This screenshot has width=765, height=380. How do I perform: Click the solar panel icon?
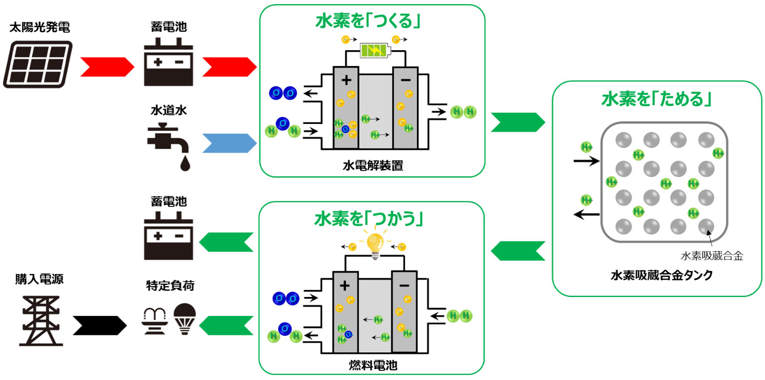point(37,64)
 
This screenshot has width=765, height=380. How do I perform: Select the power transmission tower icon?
point(41,321)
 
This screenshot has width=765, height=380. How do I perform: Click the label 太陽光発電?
point(39,27)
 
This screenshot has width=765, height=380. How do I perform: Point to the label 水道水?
point(168,110)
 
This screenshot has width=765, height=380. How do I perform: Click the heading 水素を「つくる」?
point(368,21)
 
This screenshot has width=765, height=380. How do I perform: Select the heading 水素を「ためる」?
point(656,99)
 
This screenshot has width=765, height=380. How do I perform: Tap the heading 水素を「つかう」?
point(369,219)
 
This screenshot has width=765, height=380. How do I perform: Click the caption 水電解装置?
point(373,165)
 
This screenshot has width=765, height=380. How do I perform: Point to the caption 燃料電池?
point(373,365)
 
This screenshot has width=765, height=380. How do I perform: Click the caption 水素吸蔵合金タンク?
point(662,275)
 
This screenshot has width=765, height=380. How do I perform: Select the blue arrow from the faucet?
point(229,143)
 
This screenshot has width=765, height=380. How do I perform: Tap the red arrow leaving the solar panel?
point(107,67)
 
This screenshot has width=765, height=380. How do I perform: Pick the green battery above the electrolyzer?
point(375,51)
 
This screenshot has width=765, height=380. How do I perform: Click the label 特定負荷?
point(170,285)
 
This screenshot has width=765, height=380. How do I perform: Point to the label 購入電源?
point(39,279)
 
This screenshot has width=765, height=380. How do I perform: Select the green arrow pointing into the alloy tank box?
point(518,122)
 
